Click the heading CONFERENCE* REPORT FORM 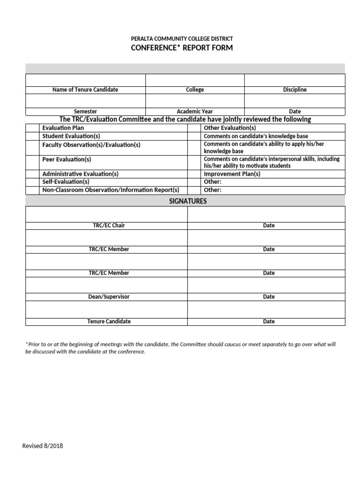click(x=181, y=48)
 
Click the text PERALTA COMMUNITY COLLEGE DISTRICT click(x=181, y=38)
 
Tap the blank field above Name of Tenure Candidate click(x=85, y=80)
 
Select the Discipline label click(x=294, y=90)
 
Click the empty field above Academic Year click(x=195, y=101)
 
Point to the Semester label click(x=85, y=112)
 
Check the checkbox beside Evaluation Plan click(x=32, y=127)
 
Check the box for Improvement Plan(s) click(x=194, y=174)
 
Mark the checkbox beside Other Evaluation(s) click(x=194, y=127)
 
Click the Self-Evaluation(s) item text click(x=66, y=182)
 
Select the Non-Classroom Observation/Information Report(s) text click(x=111, y=190)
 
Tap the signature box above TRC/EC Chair click(x=106, y=214)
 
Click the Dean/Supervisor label click(x=109, y=297)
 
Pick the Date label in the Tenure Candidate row click(x=269, y=322)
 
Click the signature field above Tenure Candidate click(x=106, y=309)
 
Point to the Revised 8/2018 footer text click(x=43, y=446)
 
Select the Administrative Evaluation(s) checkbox click(x=32, y=174)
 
